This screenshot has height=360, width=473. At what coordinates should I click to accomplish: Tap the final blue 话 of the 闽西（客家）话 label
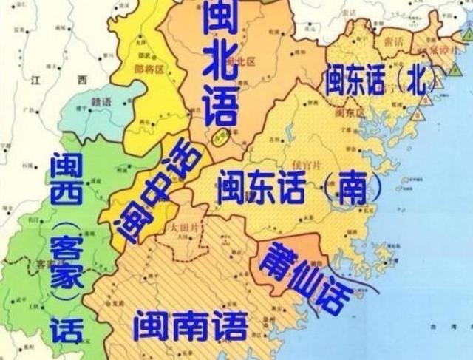pos(64,332)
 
